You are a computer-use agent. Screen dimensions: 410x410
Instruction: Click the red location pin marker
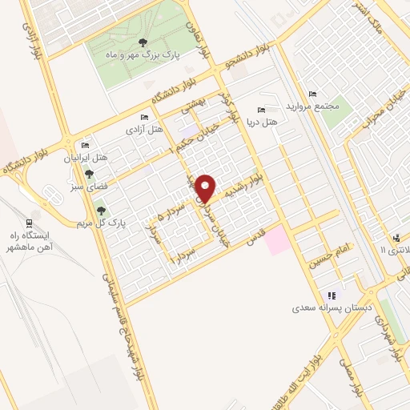[x=207, y=188]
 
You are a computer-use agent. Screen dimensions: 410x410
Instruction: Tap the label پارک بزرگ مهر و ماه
[x=143, y=54]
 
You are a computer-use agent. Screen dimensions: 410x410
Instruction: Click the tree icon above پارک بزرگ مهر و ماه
[x=143, y=42]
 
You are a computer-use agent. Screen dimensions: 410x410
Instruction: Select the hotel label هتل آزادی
[x=143, y=128]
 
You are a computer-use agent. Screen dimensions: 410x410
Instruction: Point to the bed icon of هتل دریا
[x=260, y=110]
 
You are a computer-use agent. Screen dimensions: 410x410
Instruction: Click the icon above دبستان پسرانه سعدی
[x=331, y=295]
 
